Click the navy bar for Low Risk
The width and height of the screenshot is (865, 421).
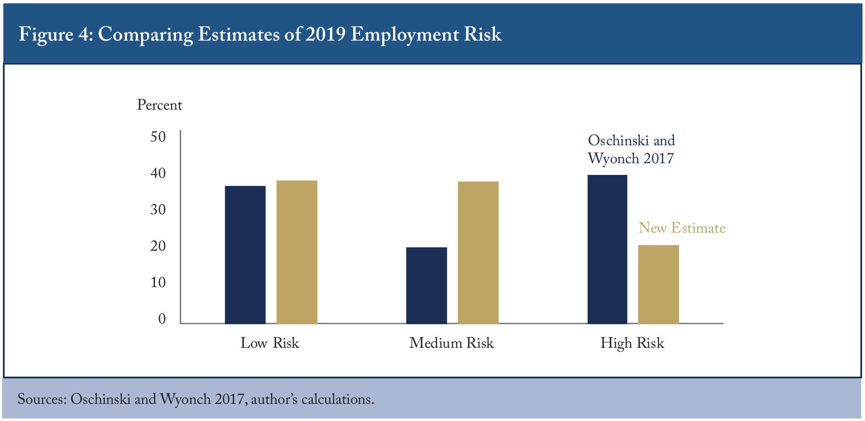(x=245, y=254)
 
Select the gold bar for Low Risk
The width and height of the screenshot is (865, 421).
(x=297, y=252)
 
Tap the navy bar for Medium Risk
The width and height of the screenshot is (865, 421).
(x=427, y=285)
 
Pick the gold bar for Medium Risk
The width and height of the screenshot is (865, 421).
(x=478, y=252)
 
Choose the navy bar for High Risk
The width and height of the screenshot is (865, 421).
(x=608, y=249)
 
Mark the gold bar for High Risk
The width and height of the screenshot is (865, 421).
(x=659, y=284)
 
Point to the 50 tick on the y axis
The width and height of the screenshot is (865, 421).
(x=158, y=137)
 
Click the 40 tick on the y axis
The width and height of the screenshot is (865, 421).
(x=158, y=173)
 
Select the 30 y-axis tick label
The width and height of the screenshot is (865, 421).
(x=158, y=210)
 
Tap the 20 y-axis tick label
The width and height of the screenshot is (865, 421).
(x=158, y=246)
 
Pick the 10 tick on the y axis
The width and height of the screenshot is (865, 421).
(x=158, y=282)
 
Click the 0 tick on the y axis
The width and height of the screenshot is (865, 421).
(x=162, y=319)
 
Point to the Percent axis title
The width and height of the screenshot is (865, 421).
(x=160, y=105)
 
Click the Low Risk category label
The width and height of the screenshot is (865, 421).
(x=270, y=343)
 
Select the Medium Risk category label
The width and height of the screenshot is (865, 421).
(x=452, y=343)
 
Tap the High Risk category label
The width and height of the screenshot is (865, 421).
(x=632, y=343)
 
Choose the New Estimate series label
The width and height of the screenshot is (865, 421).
(x=682, y=228)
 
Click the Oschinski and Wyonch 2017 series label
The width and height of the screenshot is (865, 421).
(x=631, y=149)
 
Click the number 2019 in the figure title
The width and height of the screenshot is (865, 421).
(x=325, y=34)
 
